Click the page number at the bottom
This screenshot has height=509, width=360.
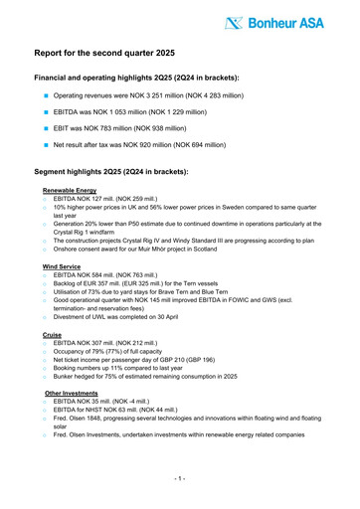pos(180,478)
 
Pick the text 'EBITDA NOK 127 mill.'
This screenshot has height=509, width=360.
pos(86,199)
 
